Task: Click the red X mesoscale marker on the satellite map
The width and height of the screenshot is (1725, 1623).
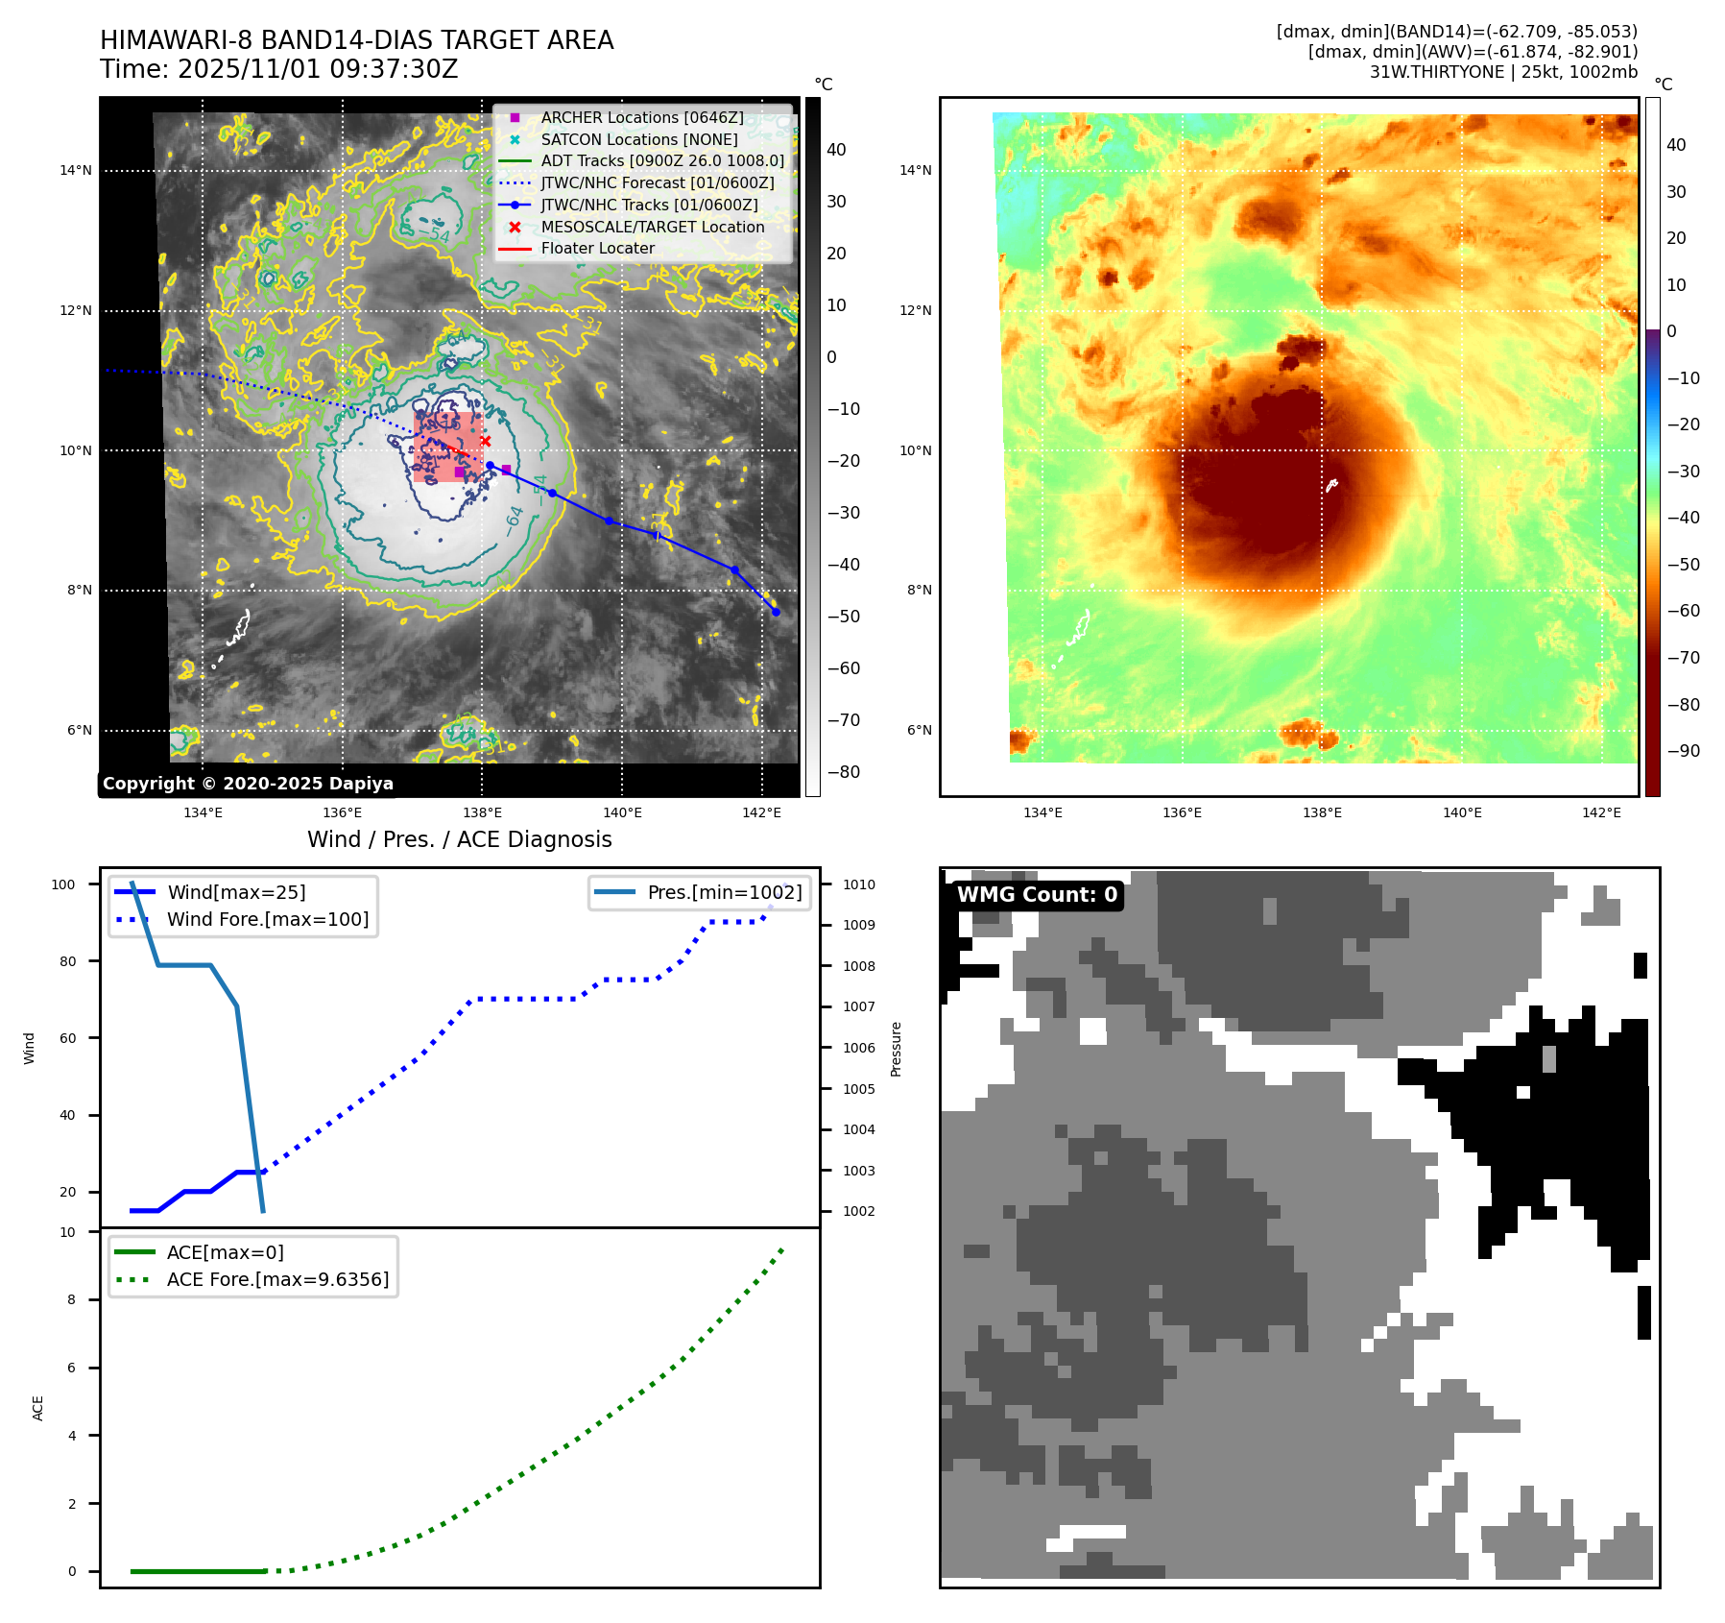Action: [x=486, y=442]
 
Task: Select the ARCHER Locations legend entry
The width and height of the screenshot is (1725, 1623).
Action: [x=641, y=117]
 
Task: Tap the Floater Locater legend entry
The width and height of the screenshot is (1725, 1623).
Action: [x=597, y=248]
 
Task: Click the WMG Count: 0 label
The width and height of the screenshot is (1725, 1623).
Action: [x=1037, y=895]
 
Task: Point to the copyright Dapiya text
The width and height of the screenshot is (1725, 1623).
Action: [x=248, y=784]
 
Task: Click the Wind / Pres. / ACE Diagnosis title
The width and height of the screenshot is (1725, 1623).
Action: [x=459, y=839]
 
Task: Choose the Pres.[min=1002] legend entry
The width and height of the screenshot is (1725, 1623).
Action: [x=724, y=892]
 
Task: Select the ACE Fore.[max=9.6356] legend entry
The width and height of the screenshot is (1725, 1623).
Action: [x=277, y=1279]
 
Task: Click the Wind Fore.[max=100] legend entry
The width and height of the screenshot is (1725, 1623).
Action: [x=268, y=919]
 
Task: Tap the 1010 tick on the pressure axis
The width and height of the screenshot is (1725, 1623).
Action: [x=859, y=884]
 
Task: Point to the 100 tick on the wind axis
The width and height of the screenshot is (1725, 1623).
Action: [x=63, y=884]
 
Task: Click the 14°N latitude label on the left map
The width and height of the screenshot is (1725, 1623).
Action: [x=76, y=171]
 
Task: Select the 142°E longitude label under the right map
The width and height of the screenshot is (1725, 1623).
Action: [x=1601, y=812]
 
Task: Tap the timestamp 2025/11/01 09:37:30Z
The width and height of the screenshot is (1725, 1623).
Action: [x=318, y=69]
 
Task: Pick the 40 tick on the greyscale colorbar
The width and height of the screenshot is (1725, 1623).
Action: [x=836, y=150]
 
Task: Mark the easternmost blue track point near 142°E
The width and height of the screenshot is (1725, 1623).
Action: [x=776, y=612]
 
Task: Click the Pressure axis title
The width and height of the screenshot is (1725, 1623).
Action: [x=896, y=1049]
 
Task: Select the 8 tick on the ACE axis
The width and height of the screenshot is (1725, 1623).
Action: [x=71, y=1299]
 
